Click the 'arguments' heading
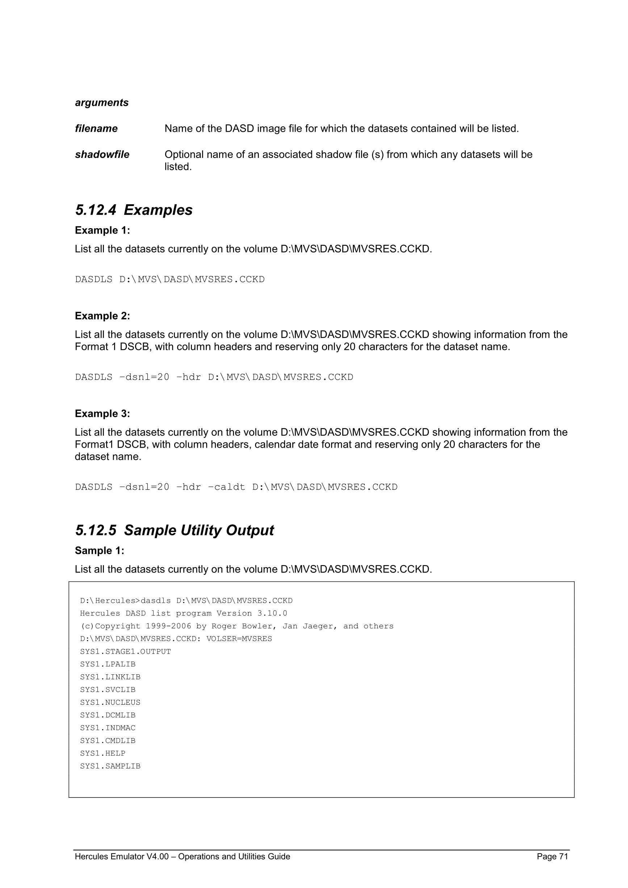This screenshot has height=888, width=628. [x=102, y=102]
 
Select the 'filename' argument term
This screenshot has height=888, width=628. [x=96, y=129]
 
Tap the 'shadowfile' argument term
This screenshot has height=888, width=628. [x=102, y=154]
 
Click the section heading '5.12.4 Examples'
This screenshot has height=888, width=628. [x=134, y=210]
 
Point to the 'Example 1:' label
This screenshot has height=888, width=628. [x=102, y=230]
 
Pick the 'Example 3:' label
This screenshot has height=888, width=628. [x=102, y=414]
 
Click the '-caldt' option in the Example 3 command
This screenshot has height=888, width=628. [x=227, y=487]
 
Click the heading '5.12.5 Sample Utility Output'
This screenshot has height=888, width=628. [x=175, y=530]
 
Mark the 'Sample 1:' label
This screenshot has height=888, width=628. [x=99, y=550]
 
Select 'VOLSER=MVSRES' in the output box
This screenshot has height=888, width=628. [x=239, y=639]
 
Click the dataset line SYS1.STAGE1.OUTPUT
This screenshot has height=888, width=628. [x=125, y=652]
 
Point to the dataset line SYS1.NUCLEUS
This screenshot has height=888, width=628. [x=110, y=702]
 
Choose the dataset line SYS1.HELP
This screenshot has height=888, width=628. [x=102, y=753]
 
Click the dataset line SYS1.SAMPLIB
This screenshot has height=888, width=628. [x=110, y=766]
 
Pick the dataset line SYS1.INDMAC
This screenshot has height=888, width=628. [x=108, y=728]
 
